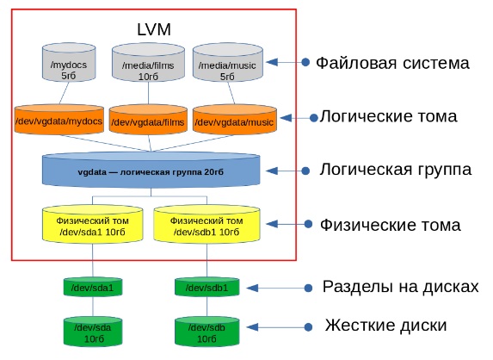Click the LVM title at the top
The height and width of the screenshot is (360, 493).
pyautogui.click(x=154, y=29)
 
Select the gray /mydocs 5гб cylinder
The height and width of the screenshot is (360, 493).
pyautogui.click(x=69, y=63)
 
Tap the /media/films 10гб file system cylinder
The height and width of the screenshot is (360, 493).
pyautogui.click(x=148, y=63)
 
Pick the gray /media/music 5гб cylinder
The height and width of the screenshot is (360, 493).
pyautogui.click(x=228, y=63)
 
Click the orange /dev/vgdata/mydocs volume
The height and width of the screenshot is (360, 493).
pyautogui.click(x=59, y=120)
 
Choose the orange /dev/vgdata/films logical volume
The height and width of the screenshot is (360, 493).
pyautogui.click(x=148, y=121)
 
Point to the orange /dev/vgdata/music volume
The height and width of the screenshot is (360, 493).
pyautogui.click(x=235, y=121)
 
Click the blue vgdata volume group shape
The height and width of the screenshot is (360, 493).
pyautogui.click(x=151, y=170)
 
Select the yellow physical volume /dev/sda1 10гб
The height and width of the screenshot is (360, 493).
pyautogui.click(x=92, y=225)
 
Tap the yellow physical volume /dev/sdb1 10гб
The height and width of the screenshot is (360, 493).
pyautogui.click(x=206, y=225)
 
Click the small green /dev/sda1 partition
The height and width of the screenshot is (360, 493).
pyautogui.click(x=93, y=287)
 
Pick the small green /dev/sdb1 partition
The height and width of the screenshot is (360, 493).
pyautogui.click(x=206, y=287)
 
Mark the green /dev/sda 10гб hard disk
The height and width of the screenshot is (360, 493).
pyautogui.click(x=93, y=332)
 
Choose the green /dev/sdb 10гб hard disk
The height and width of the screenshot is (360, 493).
pyautogui.click(x=206, y=332)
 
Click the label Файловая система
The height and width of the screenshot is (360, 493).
pyautogui.click(x=392, y=63)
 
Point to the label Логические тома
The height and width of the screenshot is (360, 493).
pyautogui.click(x=389, y=116)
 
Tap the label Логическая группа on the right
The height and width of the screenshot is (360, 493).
pyautogui.click(x=396, y=170)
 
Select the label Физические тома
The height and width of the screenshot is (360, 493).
pyautogui.click(x=391, y=226)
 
